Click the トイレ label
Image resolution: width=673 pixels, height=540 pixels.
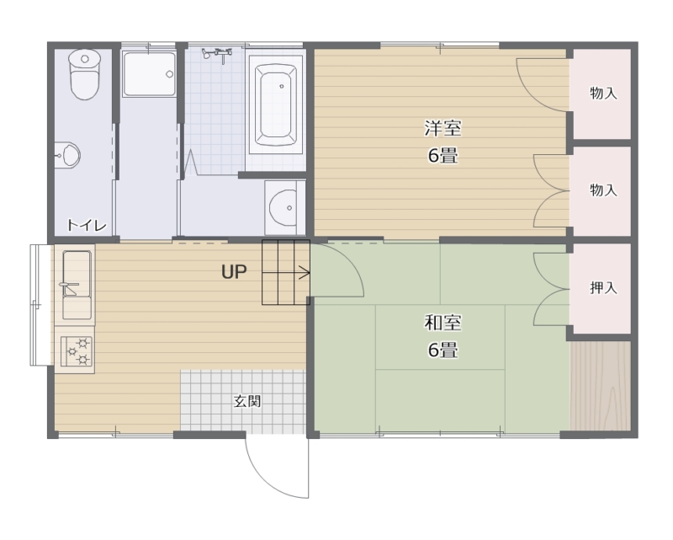87,225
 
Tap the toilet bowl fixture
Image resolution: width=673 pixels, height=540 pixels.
85,74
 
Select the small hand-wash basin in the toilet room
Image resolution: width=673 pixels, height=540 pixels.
67,155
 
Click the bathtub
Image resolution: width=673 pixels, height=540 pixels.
276,105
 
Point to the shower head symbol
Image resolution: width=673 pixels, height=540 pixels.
217,55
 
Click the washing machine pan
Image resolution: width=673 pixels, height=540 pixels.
149,74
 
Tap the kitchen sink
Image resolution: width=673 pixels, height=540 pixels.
77,284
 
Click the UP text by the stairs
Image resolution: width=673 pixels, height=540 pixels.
234,272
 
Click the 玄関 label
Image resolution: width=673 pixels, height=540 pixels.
247,402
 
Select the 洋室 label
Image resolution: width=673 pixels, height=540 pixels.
443,128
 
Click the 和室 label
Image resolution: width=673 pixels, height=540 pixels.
443,323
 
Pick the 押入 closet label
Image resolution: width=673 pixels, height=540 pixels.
603,287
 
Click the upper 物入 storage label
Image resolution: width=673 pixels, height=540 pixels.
603,93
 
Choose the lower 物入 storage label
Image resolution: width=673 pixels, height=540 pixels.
603,190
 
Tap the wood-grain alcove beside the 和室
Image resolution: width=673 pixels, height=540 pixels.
601,386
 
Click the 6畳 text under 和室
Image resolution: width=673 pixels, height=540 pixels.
443,350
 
